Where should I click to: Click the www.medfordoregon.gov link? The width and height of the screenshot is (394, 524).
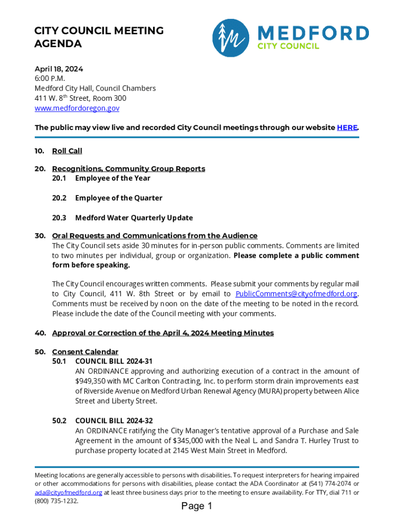77,108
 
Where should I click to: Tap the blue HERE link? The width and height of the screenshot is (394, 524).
347,127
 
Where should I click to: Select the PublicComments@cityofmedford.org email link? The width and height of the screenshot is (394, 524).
296,294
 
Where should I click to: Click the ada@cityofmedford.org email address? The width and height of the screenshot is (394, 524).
69,492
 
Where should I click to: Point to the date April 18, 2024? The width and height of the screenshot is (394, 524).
59,69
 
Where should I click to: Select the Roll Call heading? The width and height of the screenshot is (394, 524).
67,151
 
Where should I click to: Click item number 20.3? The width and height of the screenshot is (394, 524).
59,217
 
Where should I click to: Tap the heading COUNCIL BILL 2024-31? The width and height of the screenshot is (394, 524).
114,361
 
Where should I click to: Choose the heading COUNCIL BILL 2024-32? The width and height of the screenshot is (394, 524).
114,421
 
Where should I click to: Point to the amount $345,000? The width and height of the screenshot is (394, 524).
191,441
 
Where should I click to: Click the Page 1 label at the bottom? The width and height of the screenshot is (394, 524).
196,507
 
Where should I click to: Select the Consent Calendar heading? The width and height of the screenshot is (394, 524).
85,352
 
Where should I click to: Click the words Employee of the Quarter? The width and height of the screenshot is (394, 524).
119,198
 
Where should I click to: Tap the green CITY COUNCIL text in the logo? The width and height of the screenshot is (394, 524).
288,47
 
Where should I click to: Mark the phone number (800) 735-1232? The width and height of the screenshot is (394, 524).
56,501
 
